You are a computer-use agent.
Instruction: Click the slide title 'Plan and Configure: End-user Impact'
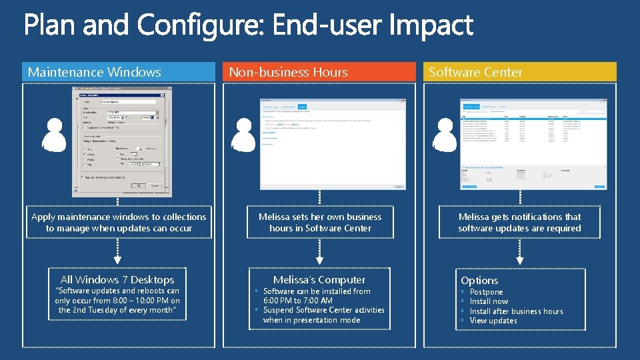249,27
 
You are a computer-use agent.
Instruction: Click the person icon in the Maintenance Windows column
55,136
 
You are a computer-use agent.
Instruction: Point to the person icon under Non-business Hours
243,136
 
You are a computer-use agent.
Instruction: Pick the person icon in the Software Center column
445,136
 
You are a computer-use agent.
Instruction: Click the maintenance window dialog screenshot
117,141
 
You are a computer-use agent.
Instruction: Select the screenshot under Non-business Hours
333,144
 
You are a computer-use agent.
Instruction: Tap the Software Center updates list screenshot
533,144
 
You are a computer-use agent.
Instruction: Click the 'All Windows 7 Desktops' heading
117,280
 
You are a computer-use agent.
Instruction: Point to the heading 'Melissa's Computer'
319,280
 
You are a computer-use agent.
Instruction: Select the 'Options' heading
479,281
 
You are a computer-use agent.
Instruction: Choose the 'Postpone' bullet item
486,292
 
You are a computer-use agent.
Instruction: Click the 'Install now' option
489,301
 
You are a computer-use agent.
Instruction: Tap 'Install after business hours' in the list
516,311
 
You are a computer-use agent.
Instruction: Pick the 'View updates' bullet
493,321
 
